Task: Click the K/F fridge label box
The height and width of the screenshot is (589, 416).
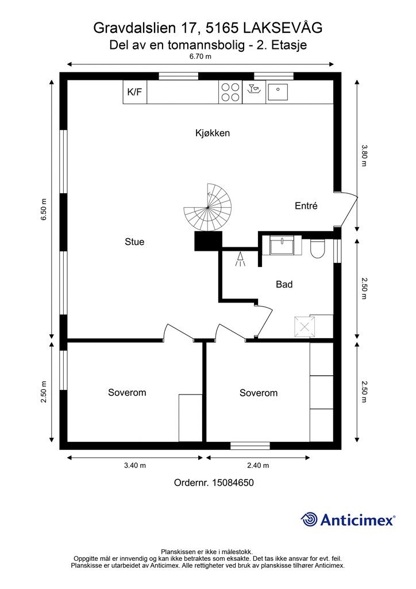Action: [x=135, y=91]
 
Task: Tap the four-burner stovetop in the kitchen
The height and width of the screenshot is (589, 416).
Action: [x=230, y=92]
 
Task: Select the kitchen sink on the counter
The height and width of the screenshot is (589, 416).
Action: [x=277, y=92]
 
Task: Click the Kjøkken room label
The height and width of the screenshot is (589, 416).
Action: [x=213, y=133]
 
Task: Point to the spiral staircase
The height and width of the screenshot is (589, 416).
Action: [x=207, y=207]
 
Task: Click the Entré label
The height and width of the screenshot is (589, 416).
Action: [x=306, y=206]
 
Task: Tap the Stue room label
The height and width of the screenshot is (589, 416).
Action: [x=134, y=242]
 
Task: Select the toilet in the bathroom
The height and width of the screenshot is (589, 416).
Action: [x=317, y=248]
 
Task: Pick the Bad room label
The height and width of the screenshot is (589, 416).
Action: [x=284, y=284]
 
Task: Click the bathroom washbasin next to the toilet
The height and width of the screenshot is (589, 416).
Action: [x=282, y=245]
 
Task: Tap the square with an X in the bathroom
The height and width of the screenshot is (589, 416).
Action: [x=305, y=327]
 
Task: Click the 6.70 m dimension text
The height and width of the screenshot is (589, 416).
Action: [x=200, y=57]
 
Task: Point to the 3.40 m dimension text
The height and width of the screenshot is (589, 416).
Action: [x=134, y=465]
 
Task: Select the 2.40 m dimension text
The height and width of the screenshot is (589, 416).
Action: [x=258, y=465]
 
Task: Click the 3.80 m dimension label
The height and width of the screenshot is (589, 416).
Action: [x=363, y=155]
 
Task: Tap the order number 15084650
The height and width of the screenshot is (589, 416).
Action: [x=233, y=483]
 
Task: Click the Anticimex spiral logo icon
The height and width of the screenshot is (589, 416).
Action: [x=310, y=519]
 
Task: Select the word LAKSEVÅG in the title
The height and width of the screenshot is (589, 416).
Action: [x=283, y=28]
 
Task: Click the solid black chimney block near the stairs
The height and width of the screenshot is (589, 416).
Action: [x=208, y=241]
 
